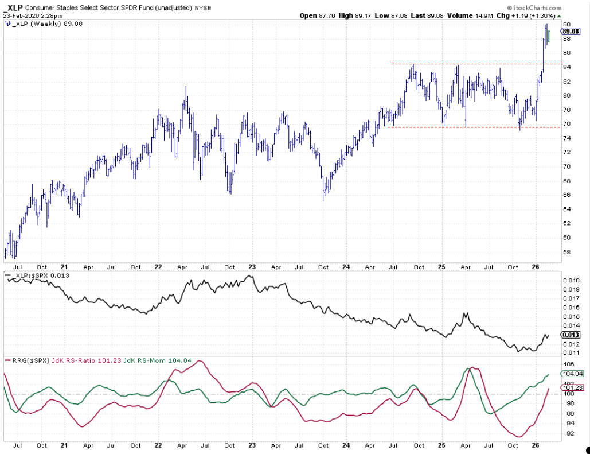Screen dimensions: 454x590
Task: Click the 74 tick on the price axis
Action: tap(567, 138)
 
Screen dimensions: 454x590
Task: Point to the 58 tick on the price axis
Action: tap(567, 251)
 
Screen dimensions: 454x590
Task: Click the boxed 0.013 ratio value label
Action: tap(572, 335)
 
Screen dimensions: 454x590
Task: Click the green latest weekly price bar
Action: tap(549, 36)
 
